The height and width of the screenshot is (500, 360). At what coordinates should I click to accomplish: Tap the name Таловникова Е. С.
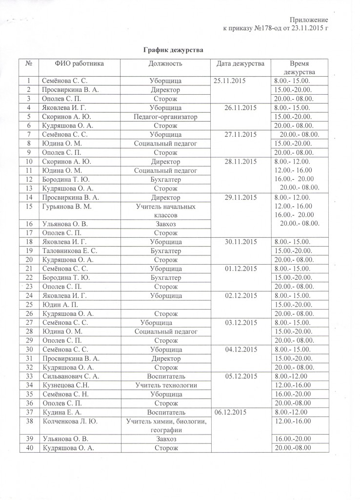(x=68, y=250)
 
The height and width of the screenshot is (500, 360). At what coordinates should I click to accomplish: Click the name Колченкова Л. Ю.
(x=70, y=422)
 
